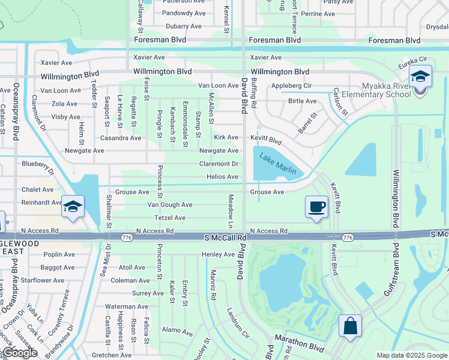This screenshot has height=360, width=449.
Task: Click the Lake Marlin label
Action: (x=278, y=164)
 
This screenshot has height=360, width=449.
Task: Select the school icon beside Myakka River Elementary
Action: (x=420, y=77)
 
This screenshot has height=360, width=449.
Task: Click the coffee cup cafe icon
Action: (x=317, y=208)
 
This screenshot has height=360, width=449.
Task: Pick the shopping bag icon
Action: (x=350, y=326)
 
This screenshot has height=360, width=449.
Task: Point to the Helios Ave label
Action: (x=222, y=176)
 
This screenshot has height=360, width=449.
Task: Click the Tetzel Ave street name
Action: (x=170, y=218)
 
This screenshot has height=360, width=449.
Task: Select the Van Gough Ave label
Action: (x=170, y=205)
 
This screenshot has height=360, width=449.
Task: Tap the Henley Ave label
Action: (x=218, y=254)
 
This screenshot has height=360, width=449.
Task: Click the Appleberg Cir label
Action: (x=291, y=86)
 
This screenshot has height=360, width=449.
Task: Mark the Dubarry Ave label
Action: (x=184, y=26)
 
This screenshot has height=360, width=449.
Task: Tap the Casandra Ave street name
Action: (x=121, y=138)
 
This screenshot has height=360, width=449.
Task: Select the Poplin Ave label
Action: (x=58, y=254)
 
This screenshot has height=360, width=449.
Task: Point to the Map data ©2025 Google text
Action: (x=411, y=355)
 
